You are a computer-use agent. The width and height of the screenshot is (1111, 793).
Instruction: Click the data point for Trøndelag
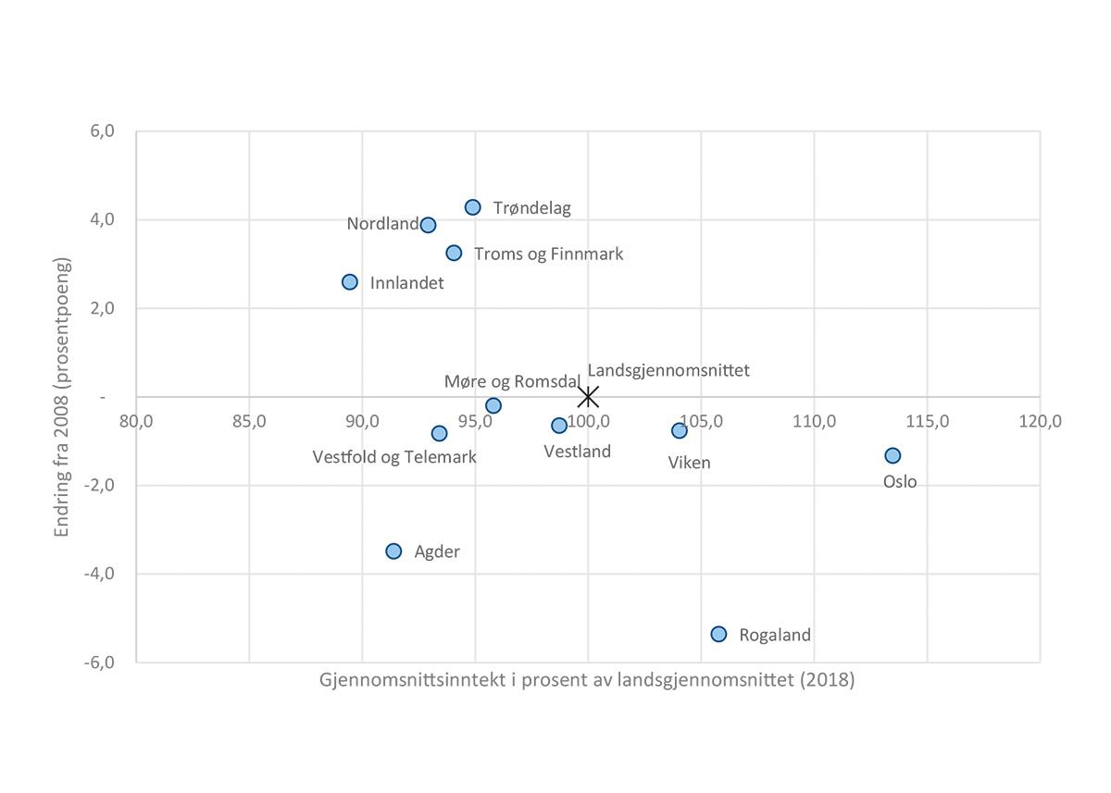(473, 207)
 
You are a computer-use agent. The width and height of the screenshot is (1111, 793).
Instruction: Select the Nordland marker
(428, 225)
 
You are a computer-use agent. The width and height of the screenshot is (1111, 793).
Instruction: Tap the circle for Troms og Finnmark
(454, 253)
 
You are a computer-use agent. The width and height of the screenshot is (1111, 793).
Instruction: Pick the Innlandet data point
(350, 281)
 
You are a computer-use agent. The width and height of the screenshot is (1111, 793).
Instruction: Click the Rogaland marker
(718, 634)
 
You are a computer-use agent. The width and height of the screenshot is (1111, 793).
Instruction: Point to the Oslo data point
(893, 455)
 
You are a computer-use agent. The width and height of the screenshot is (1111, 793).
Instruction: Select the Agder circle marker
(393, 551)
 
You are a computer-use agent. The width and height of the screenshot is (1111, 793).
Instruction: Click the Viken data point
(680, 430)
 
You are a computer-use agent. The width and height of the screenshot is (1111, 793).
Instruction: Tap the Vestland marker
(559, 426)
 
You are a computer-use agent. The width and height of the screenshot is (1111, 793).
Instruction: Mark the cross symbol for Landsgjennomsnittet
(588, 397)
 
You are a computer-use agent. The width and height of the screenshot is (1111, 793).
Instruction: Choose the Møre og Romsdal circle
(493, 405)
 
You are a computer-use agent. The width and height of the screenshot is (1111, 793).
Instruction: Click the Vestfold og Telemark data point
(439, 433)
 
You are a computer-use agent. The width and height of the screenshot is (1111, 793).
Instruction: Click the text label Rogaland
(775, 635)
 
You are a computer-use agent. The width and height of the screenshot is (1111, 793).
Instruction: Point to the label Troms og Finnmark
(548, 254)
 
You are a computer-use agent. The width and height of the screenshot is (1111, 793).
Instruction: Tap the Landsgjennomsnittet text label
(668, 370)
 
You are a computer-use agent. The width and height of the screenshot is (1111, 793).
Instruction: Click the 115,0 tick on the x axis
(928, 421)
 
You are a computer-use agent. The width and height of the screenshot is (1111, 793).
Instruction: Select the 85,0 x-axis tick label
(250, 421)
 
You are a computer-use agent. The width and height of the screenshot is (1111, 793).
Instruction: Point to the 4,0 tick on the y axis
(103, 219)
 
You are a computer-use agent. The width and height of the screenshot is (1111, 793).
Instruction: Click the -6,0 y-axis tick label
(100, 662)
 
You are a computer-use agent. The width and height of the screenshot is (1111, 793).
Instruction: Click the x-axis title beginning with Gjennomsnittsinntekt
(587, 680)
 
